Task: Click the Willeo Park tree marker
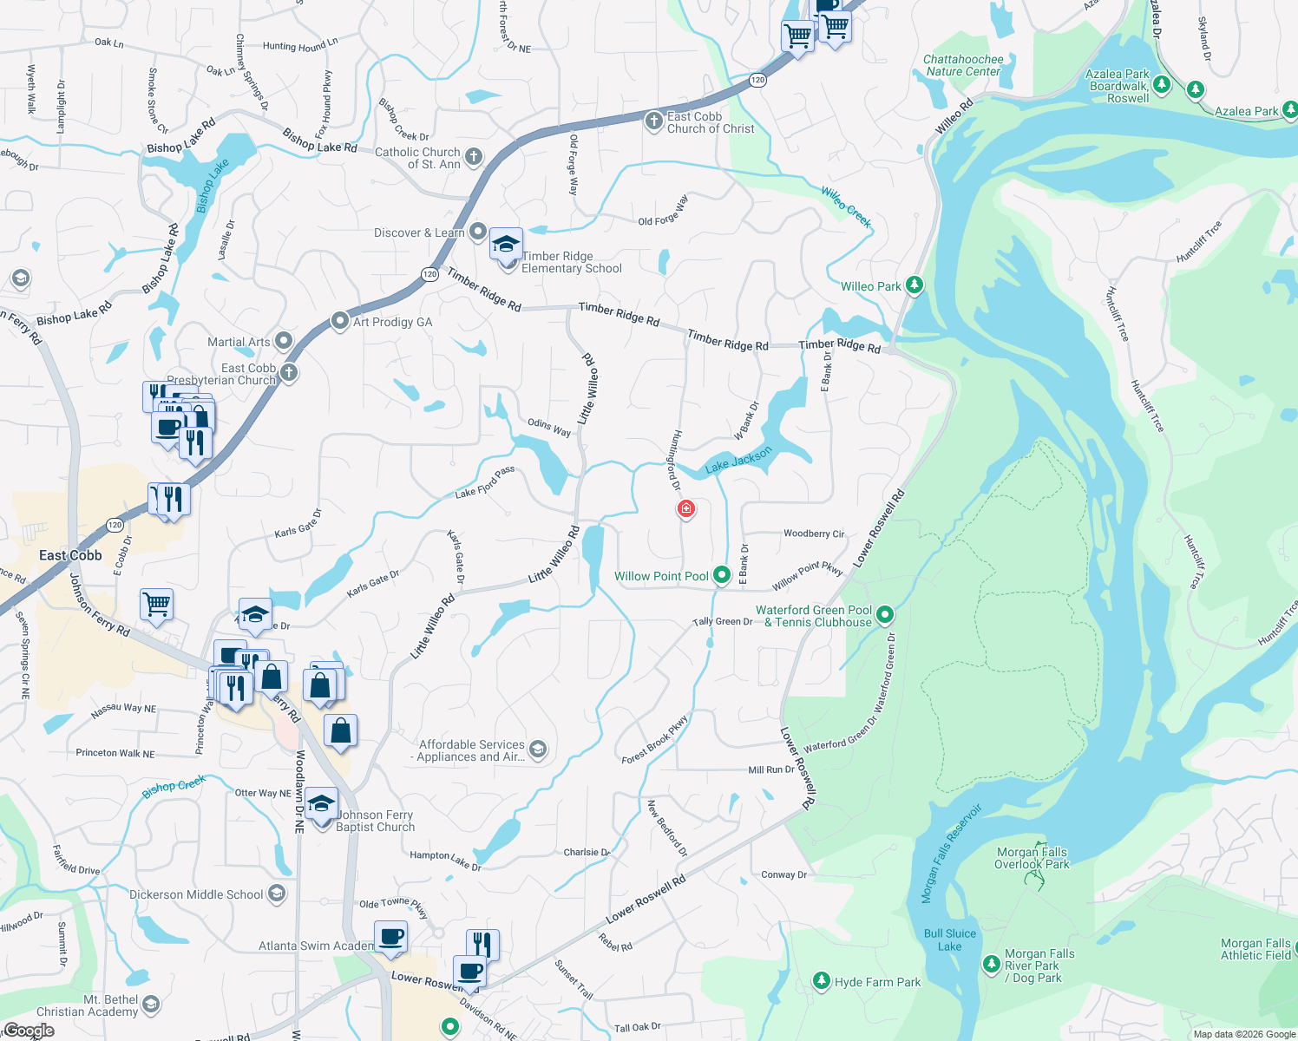(x=914, y=285)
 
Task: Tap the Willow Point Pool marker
(x=721, y=575)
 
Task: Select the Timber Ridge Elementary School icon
(x=506, y=246)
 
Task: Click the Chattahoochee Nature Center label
(x=963, y=66)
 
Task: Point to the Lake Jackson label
(x=737, y=461)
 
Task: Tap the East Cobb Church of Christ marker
(x=654, y=121)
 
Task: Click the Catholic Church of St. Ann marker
(x=473, y=157)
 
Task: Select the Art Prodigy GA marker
(x=340, y=321)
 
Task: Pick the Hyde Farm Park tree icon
(x=821, y=981)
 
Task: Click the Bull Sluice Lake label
(x=950, y=940)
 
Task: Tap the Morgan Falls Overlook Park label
(x=1032, y=858)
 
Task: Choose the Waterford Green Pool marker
(x=884, y=615)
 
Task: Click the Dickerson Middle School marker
(x=276, y=894)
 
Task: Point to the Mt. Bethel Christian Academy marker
(x=150, y=1005)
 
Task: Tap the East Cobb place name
(x=70, y=555)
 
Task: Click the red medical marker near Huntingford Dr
(x=685, y=508)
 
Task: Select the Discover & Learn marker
(x=477, y=232)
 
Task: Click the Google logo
(x=29, y=1031)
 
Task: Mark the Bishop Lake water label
(x=212, y=185)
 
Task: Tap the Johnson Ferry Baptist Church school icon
(x=321, y=804)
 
